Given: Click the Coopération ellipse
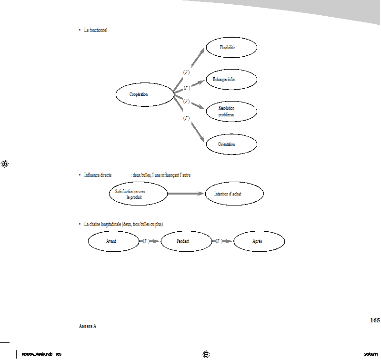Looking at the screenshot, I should tap(145, 94).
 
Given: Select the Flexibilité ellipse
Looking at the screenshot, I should tap(231, 48).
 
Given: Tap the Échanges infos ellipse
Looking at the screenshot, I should tap(231, 80).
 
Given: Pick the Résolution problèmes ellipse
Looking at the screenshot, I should tap(231, 112).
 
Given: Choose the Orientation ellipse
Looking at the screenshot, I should tap(231, 144).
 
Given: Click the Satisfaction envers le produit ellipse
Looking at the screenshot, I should tap(138, 194).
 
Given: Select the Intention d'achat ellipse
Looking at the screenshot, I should tap(234, 194).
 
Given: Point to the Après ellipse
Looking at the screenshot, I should tap(259, 241).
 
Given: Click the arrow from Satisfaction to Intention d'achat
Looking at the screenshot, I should tap(186, 194).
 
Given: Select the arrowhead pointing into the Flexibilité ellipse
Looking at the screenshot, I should tap(201, 51).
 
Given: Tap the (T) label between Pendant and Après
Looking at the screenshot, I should tap(219, 241).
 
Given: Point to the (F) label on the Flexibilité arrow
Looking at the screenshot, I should tap(186, 72).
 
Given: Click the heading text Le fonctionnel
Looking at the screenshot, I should tap(96, 30).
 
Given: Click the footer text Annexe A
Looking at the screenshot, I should tap(88, 326).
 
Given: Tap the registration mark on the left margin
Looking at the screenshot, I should tap(6, 164).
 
